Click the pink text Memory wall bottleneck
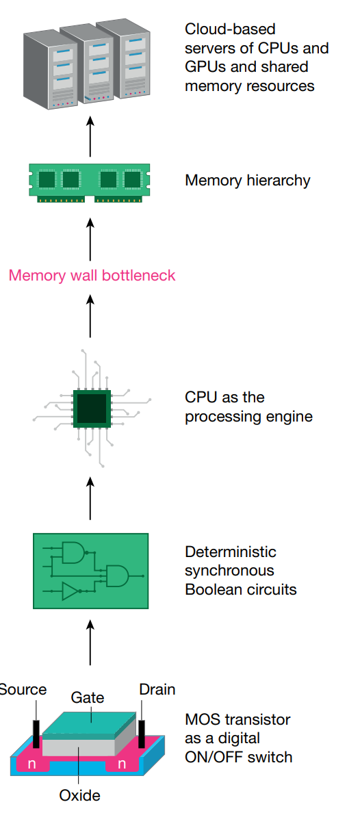coord(92,276)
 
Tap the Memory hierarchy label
coord(247,181)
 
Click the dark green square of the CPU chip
coord(91,409)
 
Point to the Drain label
coord(157,689)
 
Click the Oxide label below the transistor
coord(79,795)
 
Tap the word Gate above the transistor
coord(88,697)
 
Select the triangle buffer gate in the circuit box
coord(70,591)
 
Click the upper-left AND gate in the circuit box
coord(72,552)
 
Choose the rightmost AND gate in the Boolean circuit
coord(117,576)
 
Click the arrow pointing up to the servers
coord(90,137)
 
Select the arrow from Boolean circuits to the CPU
coord(90,498)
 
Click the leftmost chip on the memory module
coord(47,179)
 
